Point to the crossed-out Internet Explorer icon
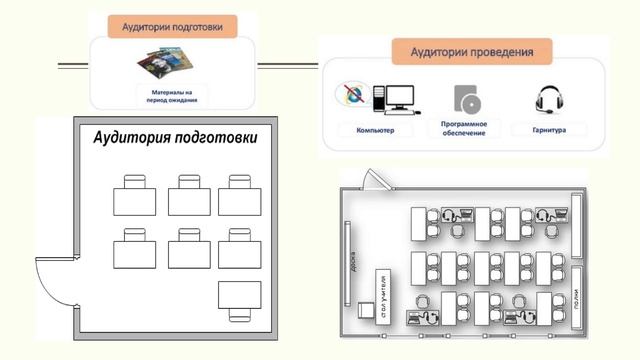tap(352, 97)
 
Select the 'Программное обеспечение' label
tap(464, 131)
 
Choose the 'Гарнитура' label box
tap(548, 131)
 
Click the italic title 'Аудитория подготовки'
tap(175, 138)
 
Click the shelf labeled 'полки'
tap(577, 298)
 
